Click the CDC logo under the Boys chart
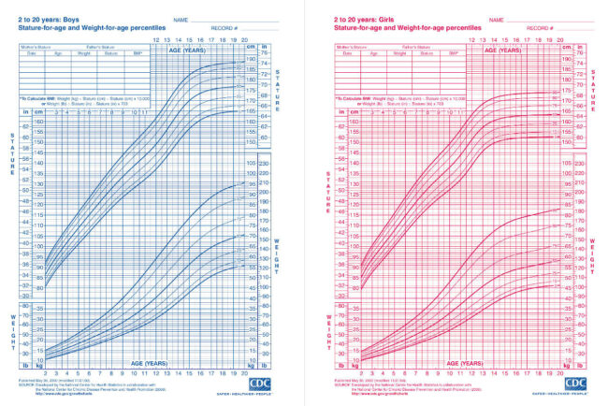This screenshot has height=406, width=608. click(x=261, y=384)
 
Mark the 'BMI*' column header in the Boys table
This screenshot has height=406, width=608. click(x=139, y=52)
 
